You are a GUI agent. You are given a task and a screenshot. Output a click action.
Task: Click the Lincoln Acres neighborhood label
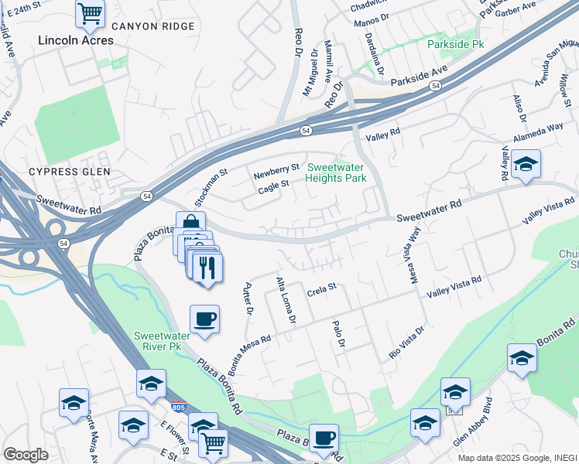[x=75, y=39]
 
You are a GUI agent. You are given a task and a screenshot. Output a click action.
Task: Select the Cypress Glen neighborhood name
[x=70, y=171]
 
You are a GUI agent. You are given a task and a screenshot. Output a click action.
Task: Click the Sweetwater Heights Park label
[x=336, y=173]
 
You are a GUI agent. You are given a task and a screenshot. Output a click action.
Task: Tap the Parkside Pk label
[x=455, y=44]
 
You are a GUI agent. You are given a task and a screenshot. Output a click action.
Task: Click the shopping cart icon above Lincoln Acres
[x=91, y=12]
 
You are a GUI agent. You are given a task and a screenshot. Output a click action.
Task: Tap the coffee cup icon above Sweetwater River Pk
[x=204, y=319]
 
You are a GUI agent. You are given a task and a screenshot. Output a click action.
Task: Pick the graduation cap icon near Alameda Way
[x=526, y=164]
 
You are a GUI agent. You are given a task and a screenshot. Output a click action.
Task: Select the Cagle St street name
[x=272, y=185]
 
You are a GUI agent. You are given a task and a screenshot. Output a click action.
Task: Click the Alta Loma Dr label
[x=285, y=301]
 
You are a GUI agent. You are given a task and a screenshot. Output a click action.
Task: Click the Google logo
[x=26, y=455]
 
